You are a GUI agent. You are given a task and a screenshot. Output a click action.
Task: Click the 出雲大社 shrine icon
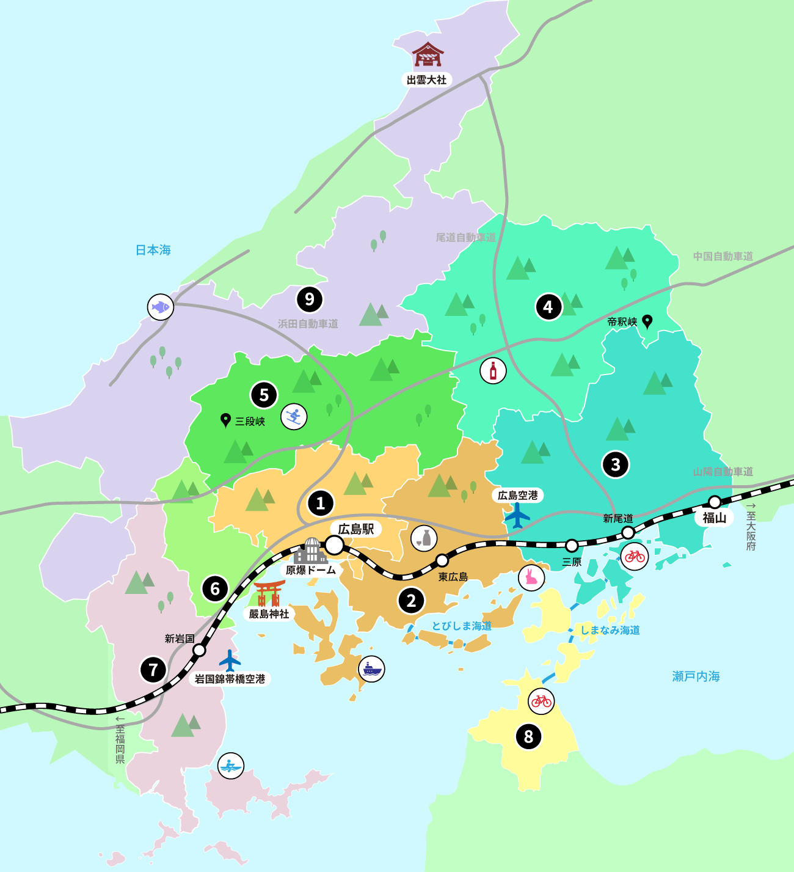coord(428,54)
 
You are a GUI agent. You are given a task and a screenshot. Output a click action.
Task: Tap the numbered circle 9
coord(310,299)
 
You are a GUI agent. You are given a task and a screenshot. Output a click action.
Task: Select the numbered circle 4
coord(548,307)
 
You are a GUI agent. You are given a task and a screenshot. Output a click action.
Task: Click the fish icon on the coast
coord(161,307)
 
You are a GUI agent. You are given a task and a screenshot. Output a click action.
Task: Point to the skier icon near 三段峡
coord(294,417)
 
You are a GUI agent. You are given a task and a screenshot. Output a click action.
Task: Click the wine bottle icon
coord(493,371)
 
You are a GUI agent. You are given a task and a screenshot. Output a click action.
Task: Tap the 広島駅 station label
coord(356,529)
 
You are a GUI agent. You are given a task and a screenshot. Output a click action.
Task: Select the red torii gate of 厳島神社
coord(269,593)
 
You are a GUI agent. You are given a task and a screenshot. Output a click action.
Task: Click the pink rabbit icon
coord(531,577)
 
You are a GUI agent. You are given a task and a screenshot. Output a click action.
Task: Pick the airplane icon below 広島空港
coord(517,516)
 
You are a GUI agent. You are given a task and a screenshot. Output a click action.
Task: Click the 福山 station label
coord(714,518)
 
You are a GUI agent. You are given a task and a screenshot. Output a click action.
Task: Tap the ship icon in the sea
coord(371,669)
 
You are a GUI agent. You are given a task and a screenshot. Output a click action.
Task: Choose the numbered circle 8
coord(528,736)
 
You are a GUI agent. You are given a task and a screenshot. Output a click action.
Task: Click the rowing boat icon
coord(231,766)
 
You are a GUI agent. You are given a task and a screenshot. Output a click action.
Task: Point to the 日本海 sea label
coord(153,250)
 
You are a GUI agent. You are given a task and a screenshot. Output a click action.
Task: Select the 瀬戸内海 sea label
coord(696,676)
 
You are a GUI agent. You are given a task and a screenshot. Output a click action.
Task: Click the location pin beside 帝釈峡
coord(647,321)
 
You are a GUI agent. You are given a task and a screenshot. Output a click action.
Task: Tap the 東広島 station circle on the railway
coord(442,560)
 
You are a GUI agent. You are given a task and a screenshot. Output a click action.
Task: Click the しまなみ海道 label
coord(610,630)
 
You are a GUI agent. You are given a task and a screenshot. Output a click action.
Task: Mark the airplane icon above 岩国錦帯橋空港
coord(230,661)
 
